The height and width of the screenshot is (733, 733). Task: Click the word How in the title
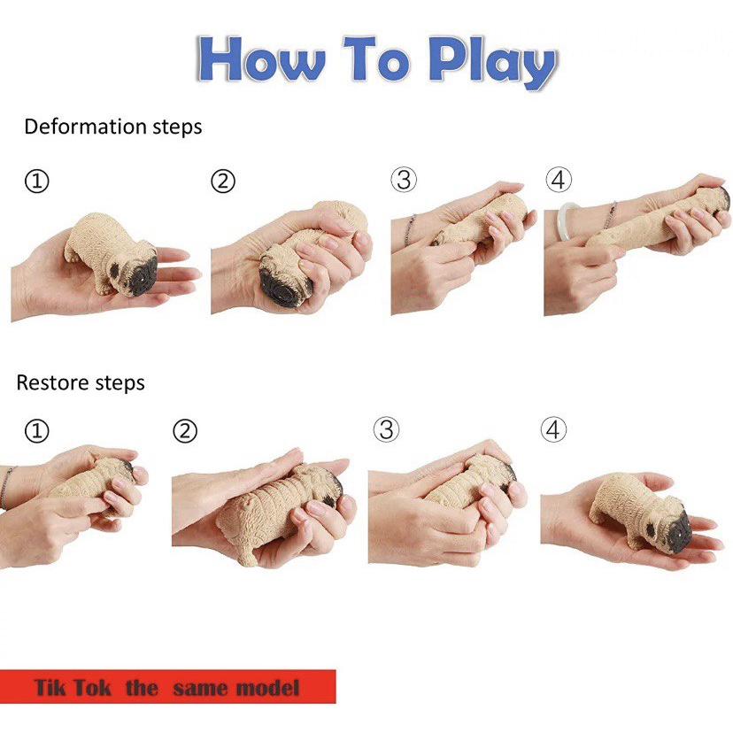(261, 59)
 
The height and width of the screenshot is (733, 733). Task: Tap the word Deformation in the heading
(86, 127)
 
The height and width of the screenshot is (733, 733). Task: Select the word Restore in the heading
(52, 382)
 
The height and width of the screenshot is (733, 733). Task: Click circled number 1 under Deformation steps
(36, 181)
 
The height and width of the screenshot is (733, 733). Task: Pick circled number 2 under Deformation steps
(223, 181)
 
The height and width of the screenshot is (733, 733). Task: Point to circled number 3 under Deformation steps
(404, 180)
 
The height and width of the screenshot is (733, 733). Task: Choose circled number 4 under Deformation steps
(559, 180)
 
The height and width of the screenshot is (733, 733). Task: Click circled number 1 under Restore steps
(36, 430)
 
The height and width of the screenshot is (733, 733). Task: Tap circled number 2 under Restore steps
(185, 430)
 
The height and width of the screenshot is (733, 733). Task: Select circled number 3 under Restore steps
(386, 429)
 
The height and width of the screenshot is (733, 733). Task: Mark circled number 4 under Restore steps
(553, 429)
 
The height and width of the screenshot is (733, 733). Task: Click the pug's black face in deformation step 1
(139, 274)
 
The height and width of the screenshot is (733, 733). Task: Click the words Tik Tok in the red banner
(73, 688)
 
